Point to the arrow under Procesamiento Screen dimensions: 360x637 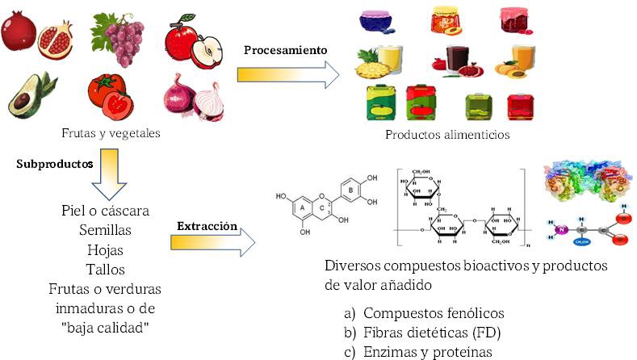(287, 74)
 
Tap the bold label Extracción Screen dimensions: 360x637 (207, 227)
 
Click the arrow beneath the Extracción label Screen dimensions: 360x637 (214, 244)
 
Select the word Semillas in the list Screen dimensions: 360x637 (105, 230)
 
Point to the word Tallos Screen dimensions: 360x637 (105, 269)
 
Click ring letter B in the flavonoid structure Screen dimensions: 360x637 (350, 190)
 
